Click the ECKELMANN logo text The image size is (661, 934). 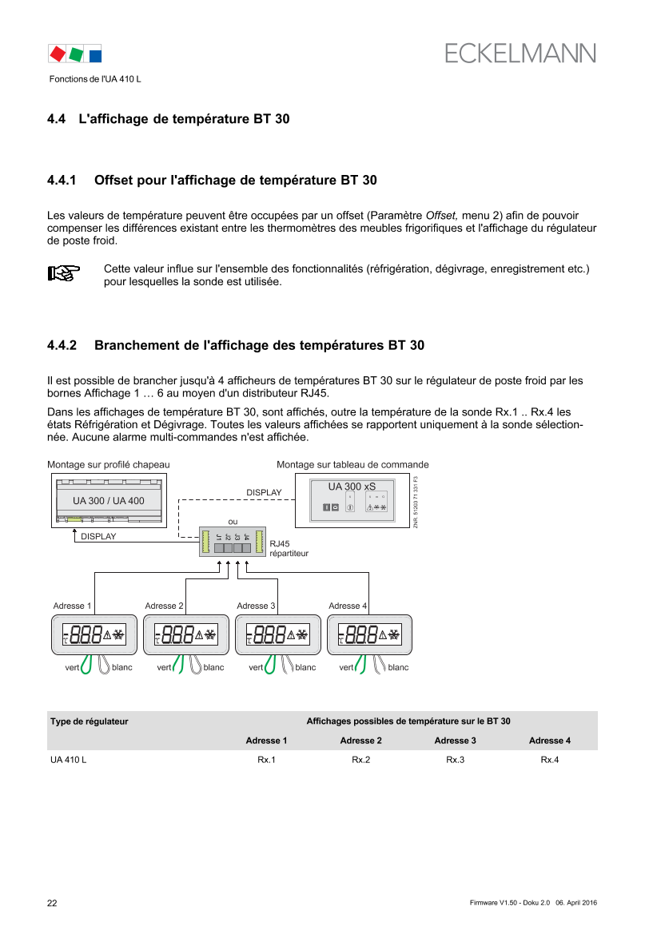(520, 53)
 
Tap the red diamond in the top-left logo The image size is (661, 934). (57, 54)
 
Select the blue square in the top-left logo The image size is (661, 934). (95, 55)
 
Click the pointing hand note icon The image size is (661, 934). (64, 273)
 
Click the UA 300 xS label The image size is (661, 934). (352, 487)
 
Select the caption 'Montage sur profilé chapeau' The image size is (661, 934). (109, 464)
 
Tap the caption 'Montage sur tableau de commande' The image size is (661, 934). (352, 464)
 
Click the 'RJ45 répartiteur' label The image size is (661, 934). (289, 547)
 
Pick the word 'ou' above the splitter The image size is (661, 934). (232, 522)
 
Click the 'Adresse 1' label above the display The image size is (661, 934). (72, 606)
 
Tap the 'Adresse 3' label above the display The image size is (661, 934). (256, 606)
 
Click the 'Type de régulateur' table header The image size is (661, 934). (90, 721)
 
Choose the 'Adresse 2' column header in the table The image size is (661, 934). (360, 741)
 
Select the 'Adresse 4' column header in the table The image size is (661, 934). (549, 741)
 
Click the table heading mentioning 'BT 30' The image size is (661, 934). (408, 721)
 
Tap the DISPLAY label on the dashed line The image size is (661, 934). (264, 493)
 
